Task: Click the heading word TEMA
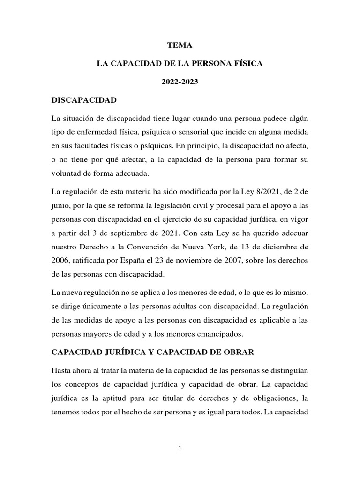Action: [x=180, y=45]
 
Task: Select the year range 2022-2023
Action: [x=180, y=82]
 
